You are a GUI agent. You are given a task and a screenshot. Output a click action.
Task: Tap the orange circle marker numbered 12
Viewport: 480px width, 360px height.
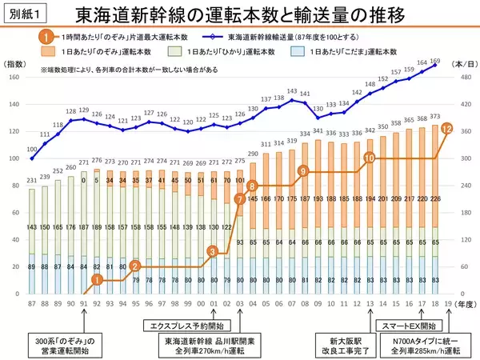(447, 127)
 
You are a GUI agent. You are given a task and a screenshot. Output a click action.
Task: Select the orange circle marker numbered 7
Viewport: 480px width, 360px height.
(239, 198)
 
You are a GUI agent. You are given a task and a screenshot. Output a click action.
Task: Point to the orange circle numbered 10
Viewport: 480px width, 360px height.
(369, 158)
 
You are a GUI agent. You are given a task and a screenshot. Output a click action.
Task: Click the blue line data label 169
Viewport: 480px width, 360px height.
(435, 61)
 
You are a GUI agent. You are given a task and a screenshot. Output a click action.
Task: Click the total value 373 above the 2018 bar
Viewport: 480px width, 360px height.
(434, 117)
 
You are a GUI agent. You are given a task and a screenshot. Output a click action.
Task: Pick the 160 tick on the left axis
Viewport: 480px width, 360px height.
(14, 77)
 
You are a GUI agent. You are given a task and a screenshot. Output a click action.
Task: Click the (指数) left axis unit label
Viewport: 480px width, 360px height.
(15, 64)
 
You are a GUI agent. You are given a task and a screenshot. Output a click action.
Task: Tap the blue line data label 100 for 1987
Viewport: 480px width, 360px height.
(31, 149)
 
